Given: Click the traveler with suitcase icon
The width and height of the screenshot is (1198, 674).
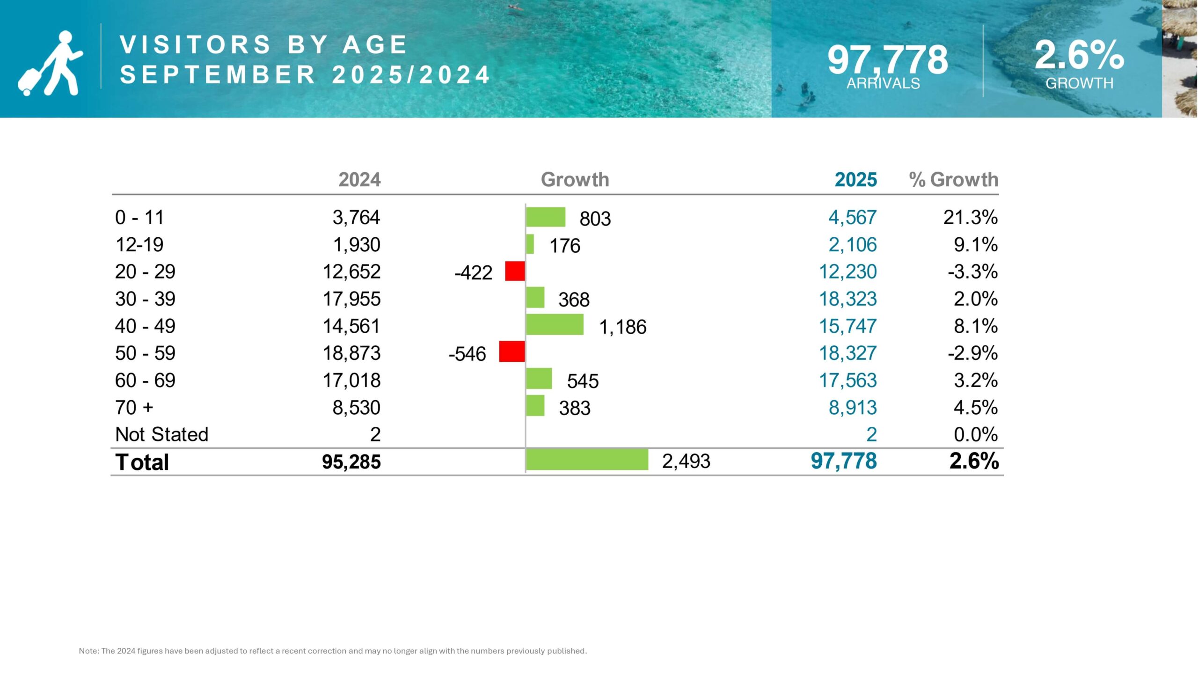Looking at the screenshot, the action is pos(51,63).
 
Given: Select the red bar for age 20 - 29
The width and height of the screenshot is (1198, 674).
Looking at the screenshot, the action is pos(515,271).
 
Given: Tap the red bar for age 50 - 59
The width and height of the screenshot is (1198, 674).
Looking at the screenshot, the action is pos(512,352).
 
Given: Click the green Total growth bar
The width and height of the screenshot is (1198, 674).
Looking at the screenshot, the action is pos(587,460).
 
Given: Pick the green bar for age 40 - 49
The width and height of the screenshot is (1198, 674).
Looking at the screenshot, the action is pos(555,324).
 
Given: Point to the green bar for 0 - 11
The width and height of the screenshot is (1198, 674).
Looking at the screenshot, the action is pos(546,217).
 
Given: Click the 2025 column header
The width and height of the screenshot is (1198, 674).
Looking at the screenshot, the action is pos(855,180).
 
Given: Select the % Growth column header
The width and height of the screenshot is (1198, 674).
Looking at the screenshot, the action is pos(953,180).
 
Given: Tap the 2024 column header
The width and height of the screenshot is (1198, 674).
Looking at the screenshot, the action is pos(359,180).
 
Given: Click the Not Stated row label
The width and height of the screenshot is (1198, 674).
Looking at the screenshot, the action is pos(161,434).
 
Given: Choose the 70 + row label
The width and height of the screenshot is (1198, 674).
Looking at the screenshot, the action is pos(134,407).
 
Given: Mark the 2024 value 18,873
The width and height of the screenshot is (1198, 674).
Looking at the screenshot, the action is pos(351,353).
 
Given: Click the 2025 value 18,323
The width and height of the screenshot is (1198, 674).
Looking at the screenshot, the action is pos(847,299).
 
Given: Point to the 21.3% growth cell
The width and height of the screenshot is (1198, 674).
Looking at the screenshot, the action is pos(970,218).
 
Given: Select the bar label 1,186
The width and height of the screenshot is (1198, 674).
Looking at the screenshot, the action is pos(622,327).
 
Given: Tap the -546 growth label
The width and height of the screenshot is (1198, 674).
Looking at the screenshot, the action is pos(467,354).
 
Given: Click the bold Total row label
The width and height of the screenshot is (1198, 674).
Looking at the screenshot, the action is pos(142,462).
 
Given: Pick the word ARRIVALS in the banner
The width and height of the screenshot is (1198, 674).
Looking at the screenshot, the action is pos(883,83).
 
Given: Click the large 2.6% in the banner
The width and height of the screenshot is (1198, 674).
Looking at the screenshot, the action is pos(1079,55).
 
